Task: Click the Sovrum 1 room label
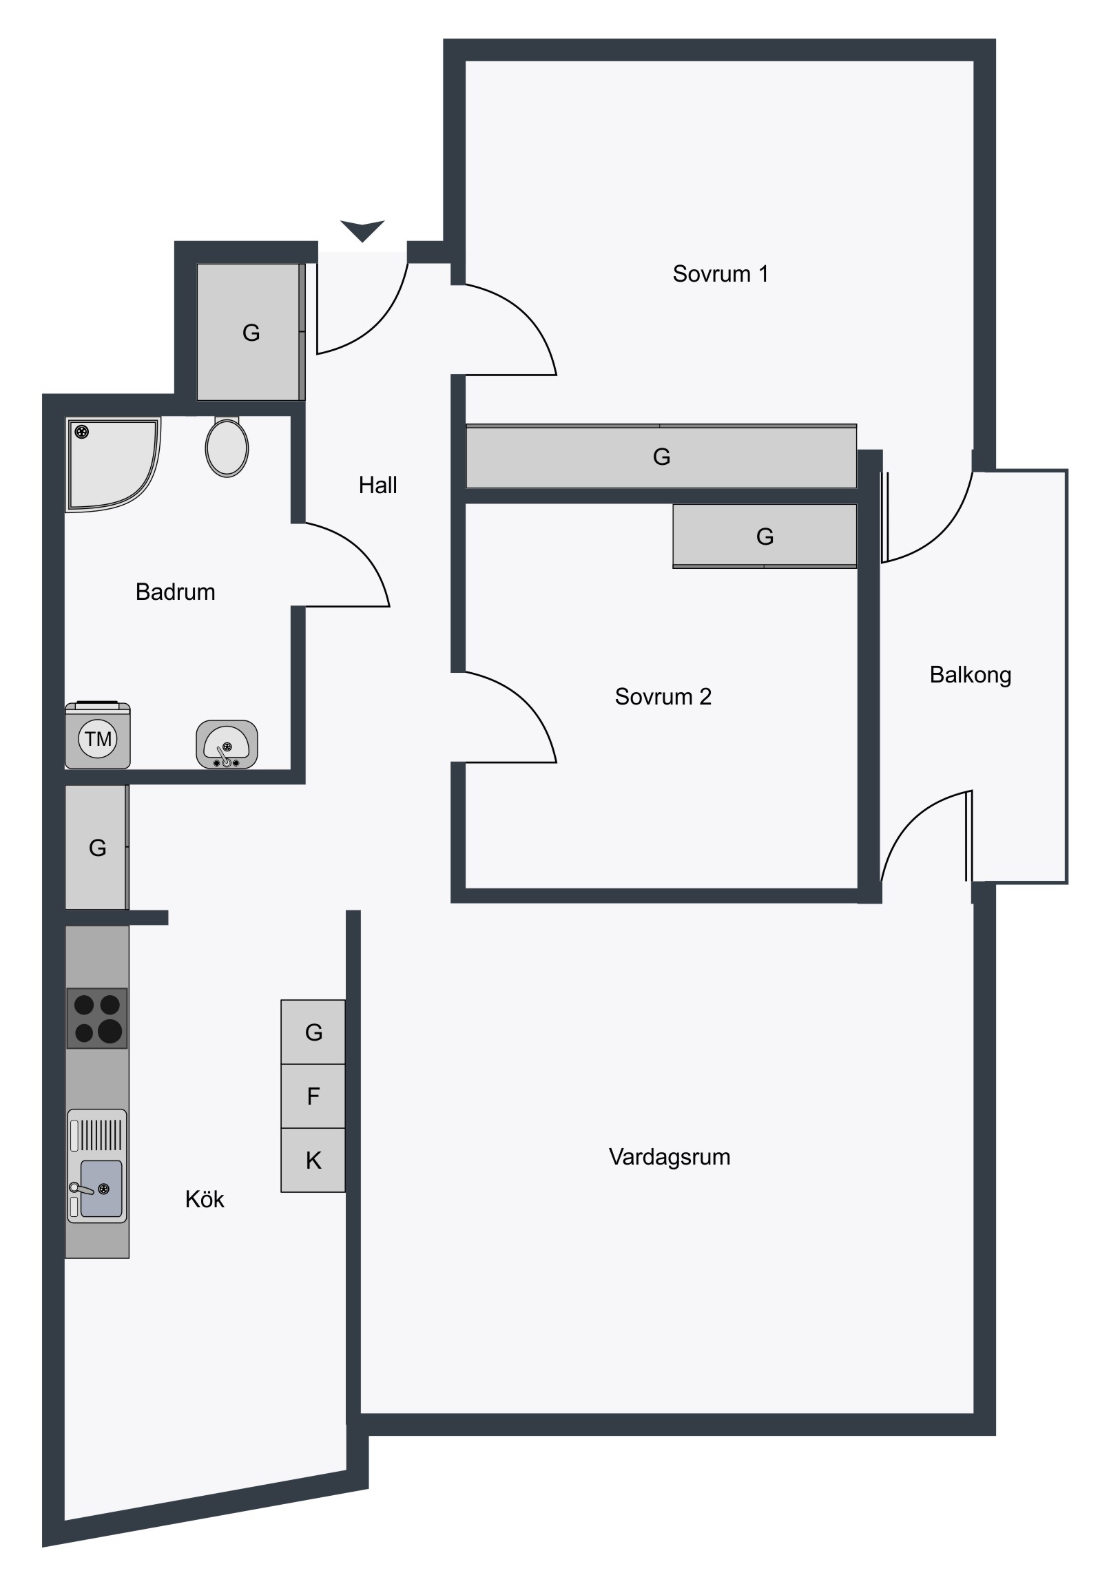(720, 274)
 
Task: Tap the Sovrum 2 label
(663, 697)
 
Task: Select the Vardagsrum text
(670, 1157)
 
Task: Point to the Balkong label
(971, 675)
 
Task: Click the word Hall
(377, 485)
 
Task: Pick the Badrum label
(175, 592)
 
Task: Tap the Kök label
(205, 1199)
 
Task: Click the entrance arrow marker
(362, 231)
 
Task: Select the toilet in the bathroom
(227, 446)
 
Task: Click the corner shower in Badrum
(112, 464)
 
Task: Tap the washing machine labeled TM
(98, 736)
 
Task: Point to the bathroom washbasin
(227, 744)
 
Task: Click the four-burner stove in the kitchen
(97, 1019)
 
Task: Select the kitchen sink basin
(101, 1188)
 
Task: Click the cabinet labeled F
(313, 1096)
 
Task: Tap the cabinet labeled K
(313, 1160)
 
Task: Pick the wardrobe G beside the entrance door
(251, 333)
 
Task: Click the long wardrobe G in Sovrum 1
(661, 457)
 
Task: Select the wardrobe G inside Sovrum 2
(765, 536)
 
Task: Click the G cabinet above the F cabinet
(313, 1032)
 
